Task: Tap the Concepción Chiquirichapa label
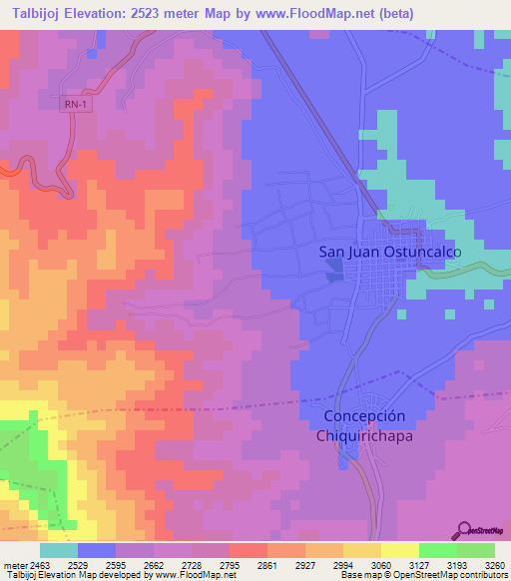pos(365,426)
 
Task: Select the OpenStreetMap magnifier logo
pos(464,530)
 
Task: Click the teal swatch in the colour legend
pos(59,550)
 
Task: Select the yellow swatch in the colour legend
pos(400,550)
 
